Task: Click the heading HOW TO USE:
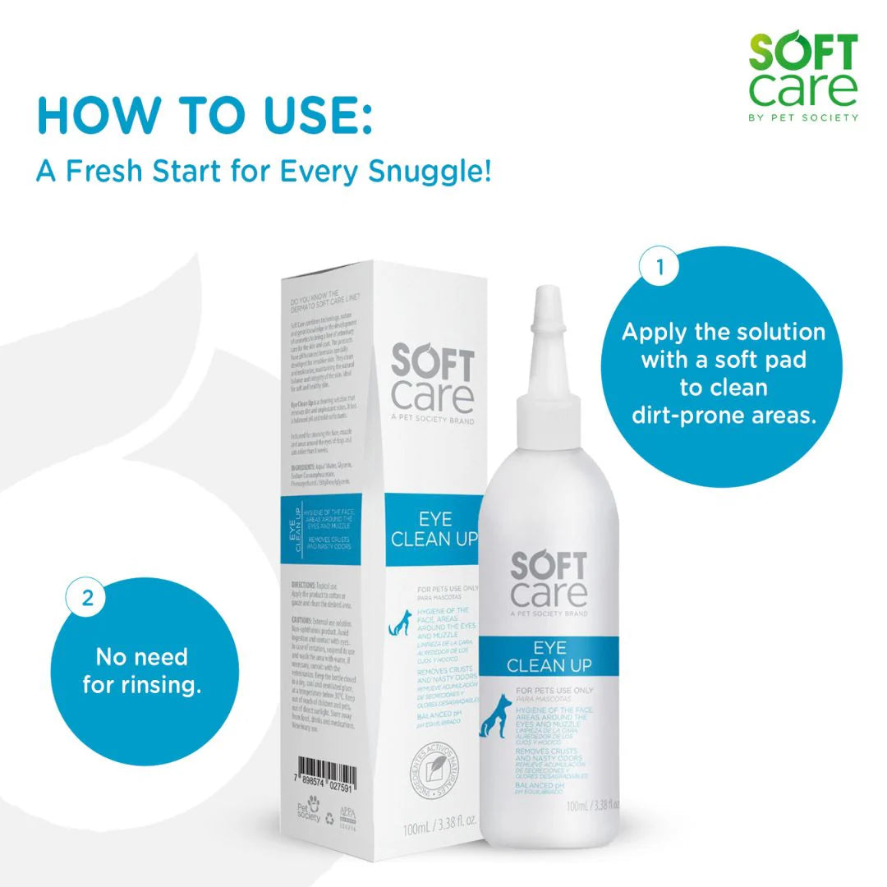(x=205, y=116)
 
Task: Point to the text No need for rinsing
(x=141, y=670)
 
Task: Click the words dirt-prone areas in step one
(x=724, y=415)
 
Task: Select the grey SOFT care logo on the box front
(x=432, y=379)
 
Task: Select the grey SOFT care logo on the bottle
(x=549, y=580)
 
